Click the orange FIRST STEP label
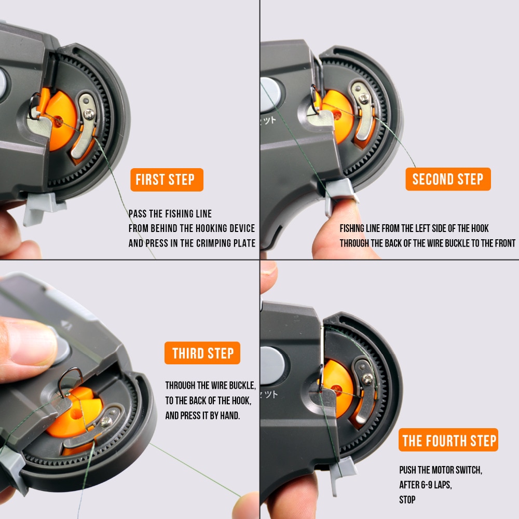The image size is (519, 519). click(x=166, y=180)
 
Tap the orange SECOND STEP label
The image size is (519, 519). click(x=447, y=180)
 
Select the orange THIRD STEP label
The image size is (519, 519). click(x=202, y=353)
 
